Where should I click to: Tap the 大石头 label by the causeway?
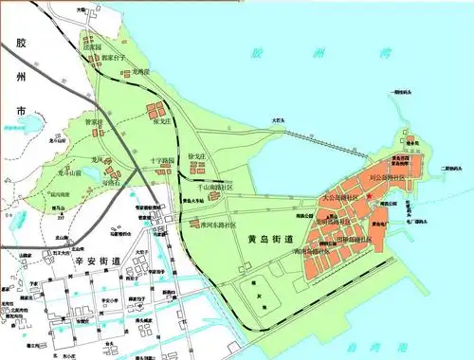pos(277,120)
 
